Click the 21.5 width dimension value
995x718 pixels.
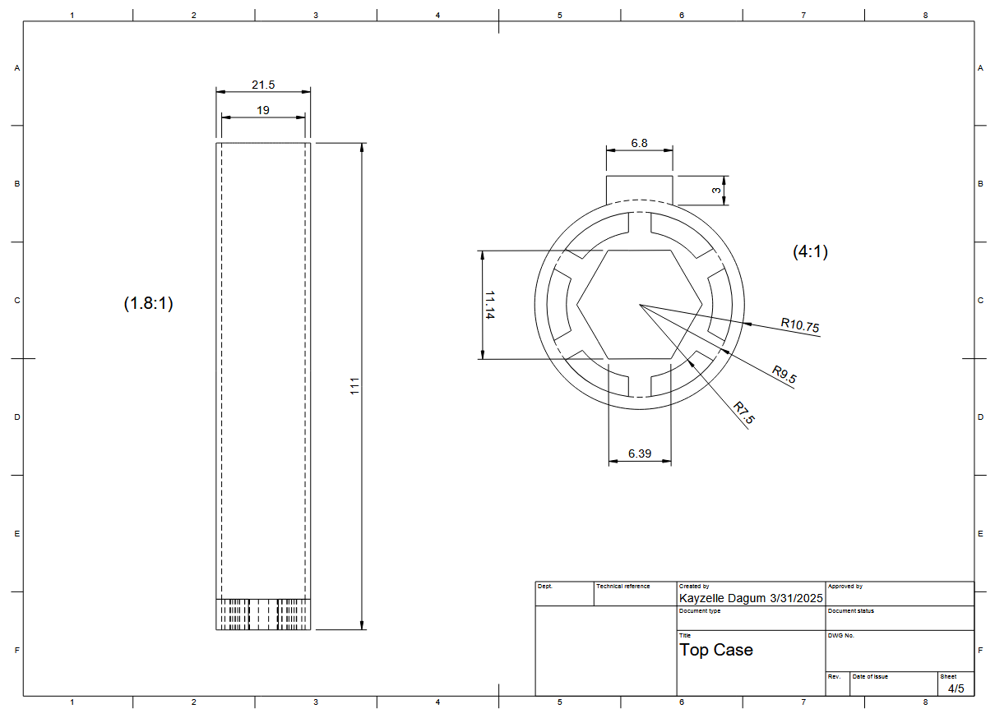263,85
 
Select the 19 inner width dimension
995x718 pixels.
263,109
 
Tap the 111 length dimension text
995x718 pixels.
355,386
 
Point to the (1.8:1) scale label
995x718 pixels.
148,303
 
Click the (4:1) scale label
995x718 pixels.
810,252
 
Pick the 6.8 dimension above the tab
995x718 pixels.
639,143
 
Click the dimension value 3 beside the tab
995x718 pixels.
717,190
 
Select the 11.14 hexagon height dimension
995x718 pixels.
490,305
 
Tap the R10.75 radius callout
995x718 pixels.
799,325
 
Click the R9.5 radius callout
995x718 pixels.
784,375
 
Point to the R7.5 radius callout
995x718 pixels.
743,412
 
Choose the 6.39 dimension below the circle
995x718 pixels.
639,453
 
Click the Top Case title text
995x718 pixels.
715,650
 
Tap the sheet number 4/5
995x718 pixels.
956,688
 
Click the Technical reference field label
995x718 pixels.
622,587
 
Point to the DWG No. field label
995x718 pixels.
840,635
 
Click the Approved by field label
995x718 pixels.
845,587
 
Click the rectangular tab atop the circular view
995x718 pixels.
639,188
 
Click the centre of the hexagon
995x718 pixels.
639,305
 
